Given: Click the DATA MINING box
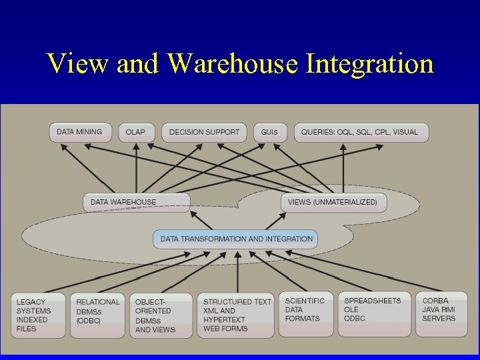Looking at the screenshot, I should (x=79, y=132).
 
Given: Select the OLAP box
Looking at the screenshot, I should (x=135, y=132).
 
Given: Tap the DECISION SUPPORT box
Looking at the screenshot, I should (x=204, y=132).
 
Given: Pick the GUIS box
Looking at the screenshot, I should (x=269, y=132).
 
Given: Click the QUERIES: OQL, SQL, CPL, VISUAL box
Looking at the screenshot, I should (x=361, y=132).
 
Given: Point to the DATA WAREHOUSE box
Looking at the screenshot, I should (x=136, y=202).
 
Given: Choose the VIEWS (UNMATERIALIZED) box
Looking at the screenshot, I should (x=333, y=202).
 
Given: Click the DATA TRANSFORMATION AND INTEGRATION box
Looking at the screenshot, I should (x=236, y=239).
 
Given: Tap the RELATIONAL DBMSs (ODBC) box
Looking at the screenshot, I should (x=98, y=315).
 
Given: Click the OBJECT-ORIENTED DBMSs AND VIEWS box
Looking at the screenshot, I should (x=161, y=315).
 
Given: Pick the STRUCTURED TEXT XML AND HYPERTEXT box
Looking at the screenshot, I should (x=237, y=315).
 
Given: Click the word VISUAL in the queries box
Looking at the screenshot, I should (x=405, y=132).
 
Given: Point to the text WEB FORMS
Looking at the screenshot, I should (x=225, y=328).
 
